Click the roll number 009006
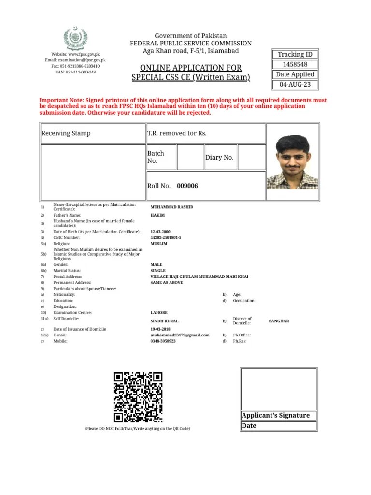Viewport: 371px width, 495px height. [x=187, y=186]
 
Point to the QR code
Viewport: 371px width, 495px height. [x=138, y=397]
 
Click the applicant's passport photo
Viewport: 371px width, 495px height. [x=292, y=161]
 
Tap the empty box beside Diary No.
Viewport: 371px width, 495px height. [x=251, y=157]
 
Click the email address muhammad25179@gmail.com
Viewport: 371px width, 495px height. [x=180, y=335]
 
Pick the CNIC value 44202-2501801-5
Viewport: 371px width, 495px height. [x=166, y=238]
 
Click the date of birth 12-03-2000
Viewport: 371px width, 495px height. [x=161, y=232]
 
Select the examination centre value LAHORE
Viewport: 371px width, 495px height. [x=159, y=313]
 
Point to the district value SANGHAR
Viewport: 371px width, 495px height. [x=279, y=321]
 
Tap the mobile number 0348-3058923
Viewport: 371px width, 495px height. [x=163, y=341]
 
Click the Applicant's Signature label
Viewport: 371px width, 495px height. [x=275, y=416]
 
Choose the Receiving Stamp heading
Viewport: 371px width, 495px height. [x=66, y=133]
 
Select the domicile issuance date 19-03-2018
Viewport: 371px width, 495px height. [x=161, y=329]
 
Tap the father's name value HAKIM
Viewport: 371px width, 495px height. [x=157, y=215]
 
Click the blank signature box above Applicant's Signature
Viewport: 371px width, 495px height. [x=279, y=389]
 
